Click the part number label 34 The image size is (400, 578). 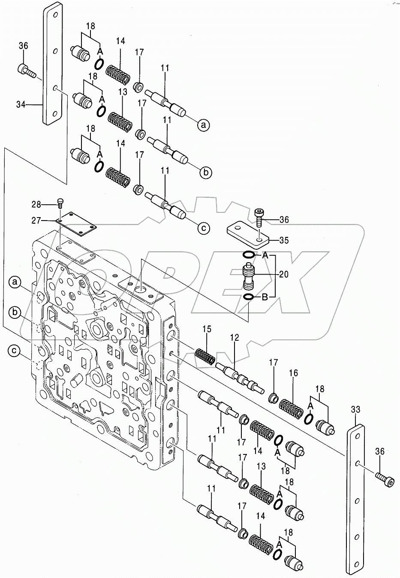(21, 104)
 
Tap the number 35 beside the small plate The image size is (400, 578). (284, 240)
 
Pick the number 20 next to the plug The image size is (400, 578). (284, 274)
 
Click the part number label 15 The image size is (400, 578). (207, 330)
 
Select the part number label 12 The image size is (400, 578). (235, 338)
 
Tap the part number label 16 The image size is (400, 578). (293, 373)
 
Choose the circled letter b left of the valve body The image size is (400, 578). (15, 313)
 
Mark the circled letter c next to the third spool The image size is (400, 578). (204, 228)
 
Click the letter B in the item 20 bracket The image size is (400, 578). (265, 297)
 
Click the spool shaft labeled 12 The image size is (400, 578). (237, 374)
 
